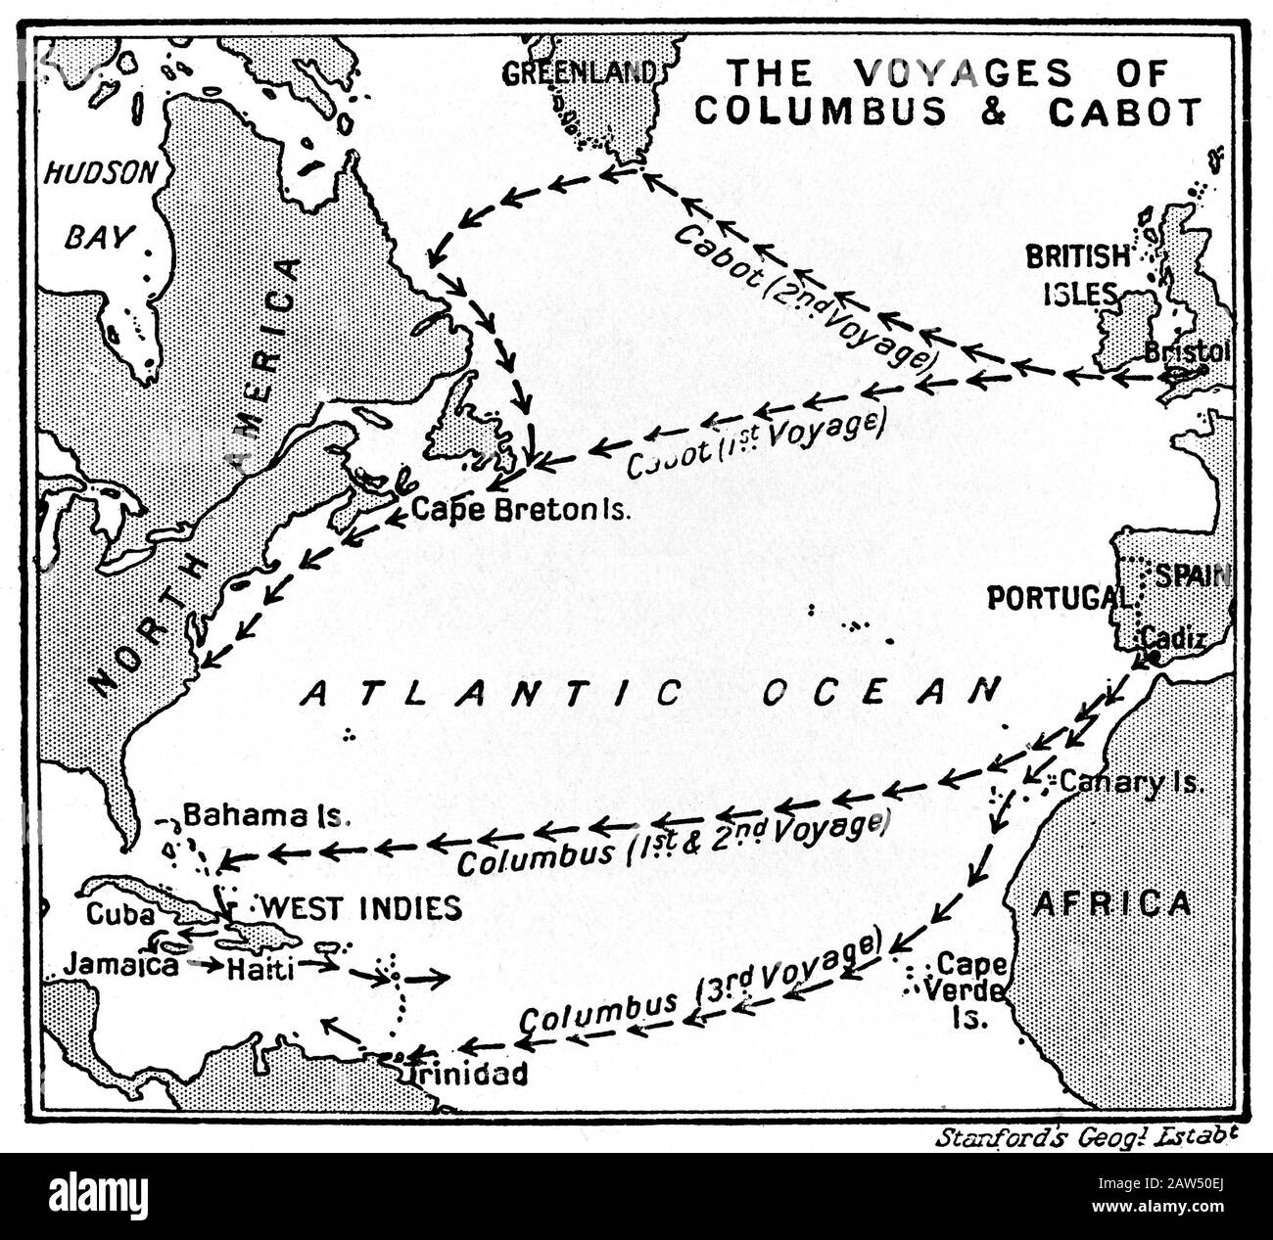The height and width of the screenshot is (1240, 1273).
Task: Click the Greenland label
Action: (578, 71)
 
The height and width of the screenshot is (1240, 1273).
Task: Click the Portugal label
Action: (1053, 597)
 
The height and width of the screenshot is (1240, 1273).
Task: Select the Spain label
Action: (1192, 575)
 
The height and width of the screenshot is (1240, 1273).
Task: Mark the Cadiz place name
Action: (1168, 637)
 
